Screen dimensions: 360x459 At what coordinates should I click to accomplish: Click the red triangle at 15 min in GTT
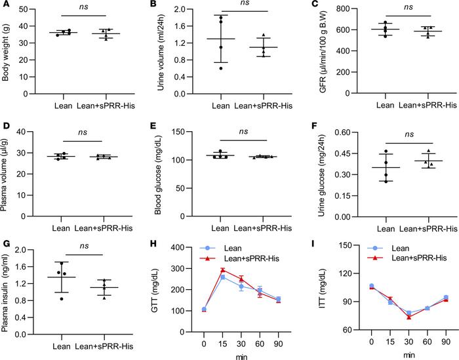[223, 270]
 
